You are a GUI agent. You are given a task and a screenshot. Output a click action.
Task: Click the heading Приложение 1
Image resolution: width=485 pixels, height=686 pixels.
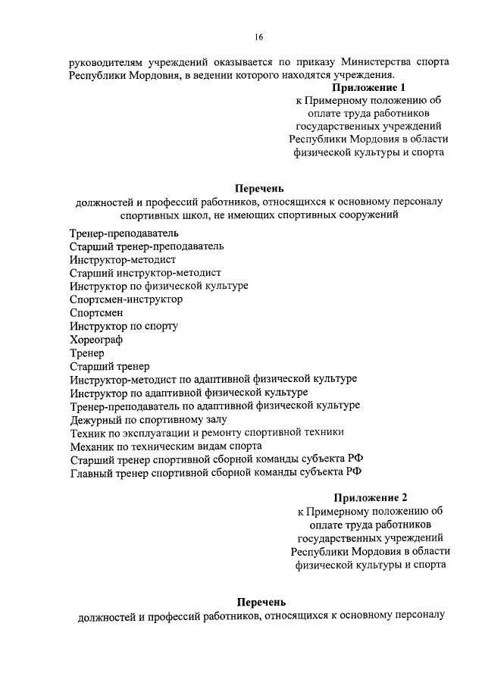tap(368, 88)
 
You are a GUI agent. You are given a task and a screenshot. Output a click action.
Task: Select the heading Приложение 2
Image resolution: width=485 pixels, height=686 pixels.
tap(371, 497)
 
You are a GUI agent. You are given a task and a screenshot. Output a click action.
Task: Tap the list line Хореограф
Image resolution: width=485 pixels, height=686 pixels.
tap(95, 340)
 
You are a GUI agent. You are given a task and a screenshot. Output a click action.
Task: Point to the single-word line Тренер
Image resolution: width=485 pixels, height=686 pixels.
tap(87, 353)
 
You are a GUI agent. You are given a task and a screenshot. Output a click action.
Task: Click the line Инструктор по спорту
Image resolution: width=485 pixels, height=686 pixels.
tap(124, 326)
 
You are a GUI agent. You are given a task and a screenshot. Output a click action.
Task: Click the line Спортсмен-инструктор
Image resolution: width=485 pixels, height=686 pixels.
tap(126, 299)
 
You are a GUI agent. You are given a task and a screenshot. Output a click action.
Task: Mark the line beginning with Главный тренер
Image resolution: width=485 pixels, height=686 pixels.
tap(215, 471)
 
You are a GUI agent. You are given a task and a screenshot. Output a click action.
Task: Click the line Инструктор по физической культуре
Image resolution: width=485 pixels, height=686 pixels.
tap(158, 286)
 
